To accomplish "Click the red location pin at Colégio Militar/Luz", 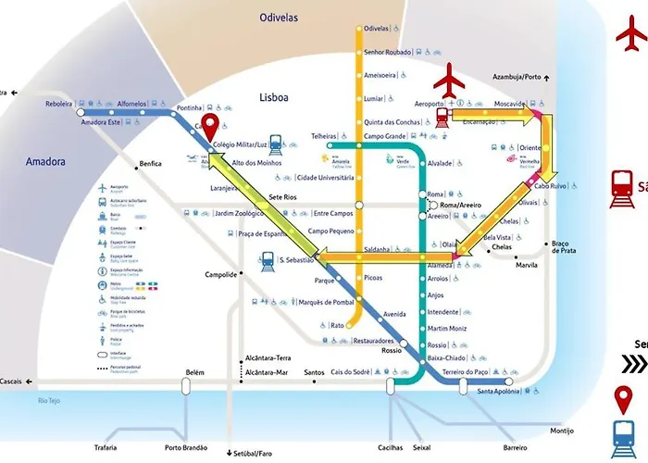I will coord(210,125).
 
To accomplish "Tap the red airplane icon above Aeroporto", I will coord(453,80).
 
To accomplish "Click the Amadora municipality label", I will coord(45,161).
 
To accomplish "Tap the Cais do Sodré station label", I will coord(351,372).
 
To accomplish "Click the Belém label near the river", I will coord(194,371).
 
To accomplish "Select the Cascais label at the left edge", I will coord(15,382).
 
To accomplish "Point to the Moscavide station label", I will coord(510,104).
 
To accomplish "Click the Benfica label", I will coord(150,164).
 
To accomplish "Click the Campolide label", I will coord(221,275).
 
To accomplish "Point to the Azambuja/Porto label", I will coord(517,77).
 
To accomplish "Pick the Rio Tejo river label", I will coord(48,400).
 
